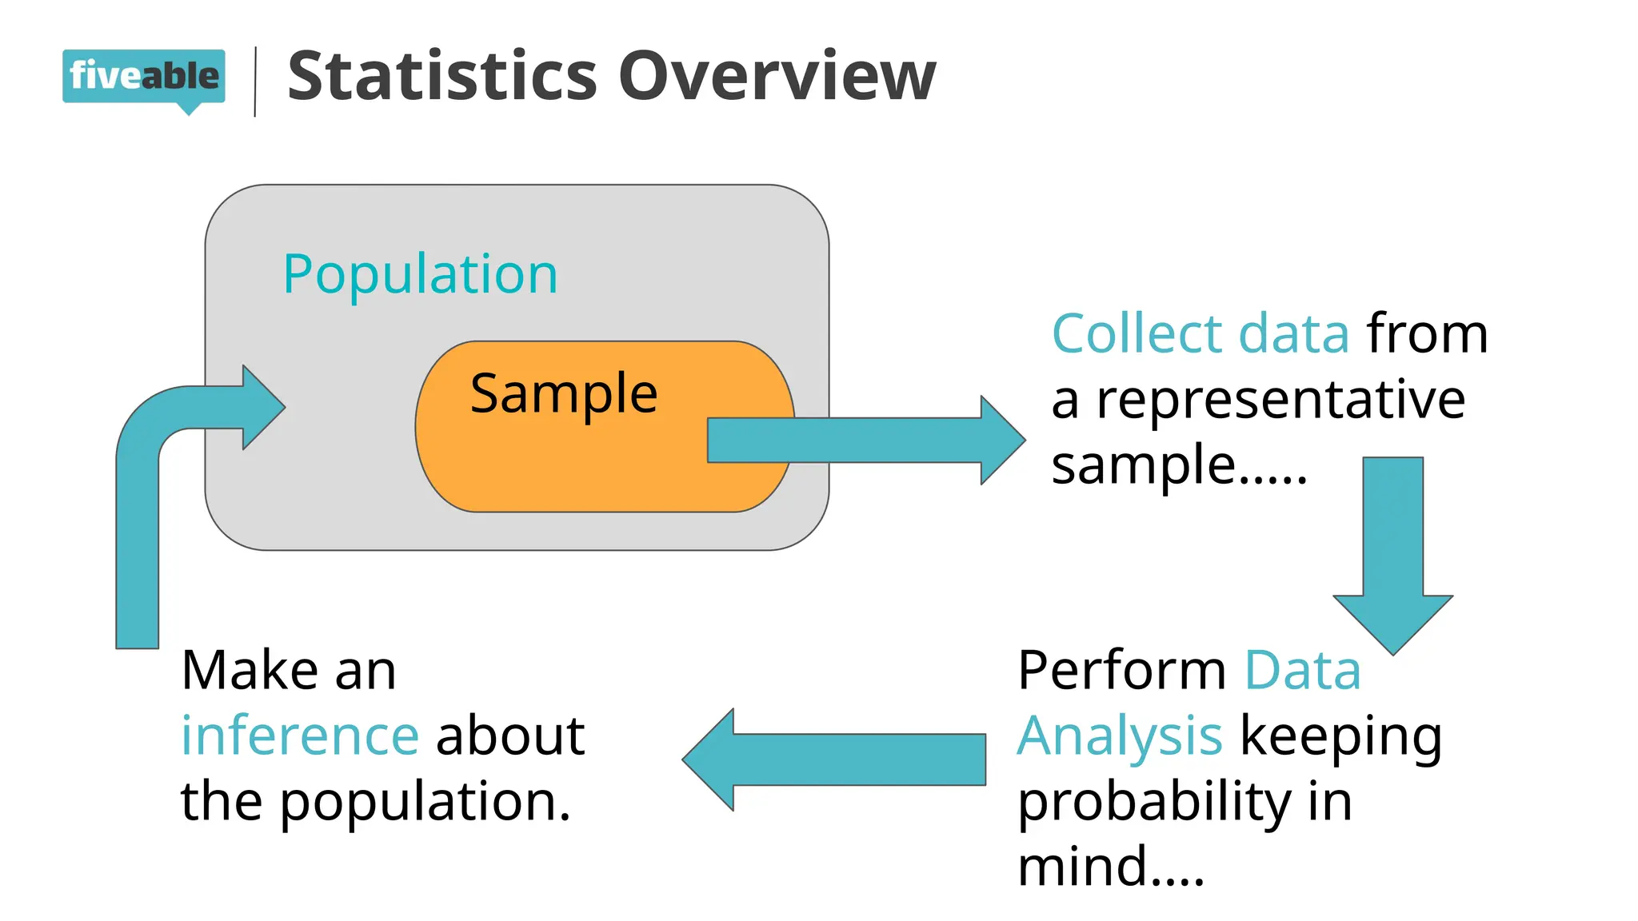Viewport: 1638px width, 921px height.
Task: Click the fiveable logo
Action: pyautogui.click(x=144, y=77)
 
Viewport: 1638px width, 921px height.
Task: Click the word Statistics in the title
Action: pyautogui.click(x=441, y=76)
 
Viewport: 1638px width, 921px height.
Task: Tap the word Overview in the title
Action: pyautogui.click(x=776, y=76)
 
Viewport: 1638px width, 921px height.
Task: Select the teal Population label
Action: pyautogui.click(x=420, y=274)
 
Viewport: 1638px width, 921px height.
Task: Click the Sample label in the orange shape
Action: pyautogui.click(x=564, y=393)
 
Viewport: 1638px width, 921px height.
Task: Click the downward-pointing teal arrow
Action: pyautogui.click(x=1392, y=560)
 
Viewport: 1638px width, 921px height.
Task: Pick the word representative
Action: pyautogui.click(x=1280, y=399)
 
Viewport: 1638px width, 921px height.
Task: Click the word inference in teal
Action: pyautogui.click(x=300, y=736)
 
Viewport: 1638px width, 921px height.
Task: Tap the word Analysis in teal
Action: pyautogui.click(x=1119, y=736)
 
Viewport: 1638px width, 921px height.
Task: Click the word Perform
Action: pyautogui.click(x=1121, y=670)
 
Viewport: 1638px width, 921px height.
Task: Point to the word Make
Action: pyautogui.click(x=250, y=670)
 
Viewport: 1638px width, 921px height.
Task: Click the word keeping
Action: pyautogui.click(x=1341, y=736)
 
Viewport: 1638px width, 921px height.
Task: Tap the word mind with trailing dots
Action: pyautogui.click(x=1109, y=867)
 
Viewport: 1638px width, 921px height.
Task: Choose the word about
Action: pyautogui.click(x=510, y=736)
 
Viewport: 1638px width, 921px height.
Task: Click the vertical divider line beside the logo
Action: pyautogui.click(x=255, y=82)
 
